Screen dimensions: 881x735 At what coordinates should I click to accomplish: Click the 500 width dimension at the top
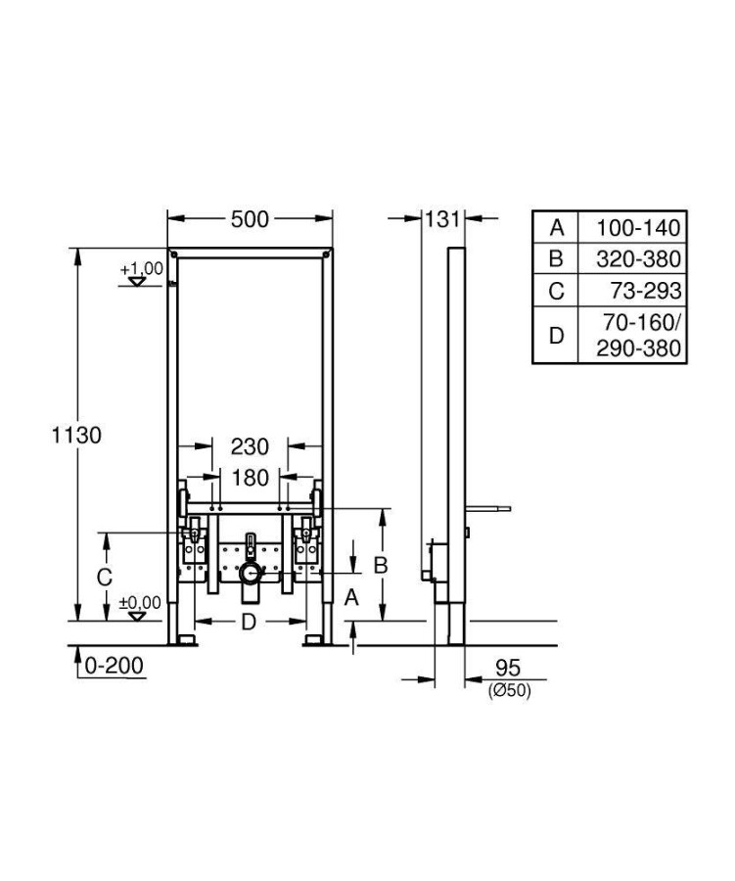tap(250, 220)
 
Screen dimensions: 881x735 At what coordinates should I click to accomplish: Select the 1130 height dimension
tap(76, 435)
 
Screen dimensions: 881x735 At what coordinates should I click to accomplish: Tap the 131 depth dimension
tap(441, 220)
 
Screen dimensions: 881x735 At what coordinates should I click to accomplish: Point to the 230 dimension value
tap(250, 447)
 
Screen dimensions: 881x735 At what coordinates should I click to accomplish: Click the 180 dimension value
tap(250, 479)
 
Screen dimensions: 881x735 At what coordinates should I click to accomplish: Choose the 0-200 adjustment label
tap(113, 667)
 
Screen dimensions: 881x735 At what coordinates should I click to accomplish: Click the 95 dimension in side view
tap(507, 669)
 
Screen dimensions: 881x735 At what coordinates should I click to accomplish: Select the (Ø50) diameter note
tap(508, 691)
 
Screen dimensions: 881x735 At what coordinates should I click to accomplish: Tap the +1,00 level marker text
tap(141, 268)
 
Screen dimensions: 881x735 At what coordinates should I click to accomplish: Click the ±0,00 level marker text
tap(140, 603)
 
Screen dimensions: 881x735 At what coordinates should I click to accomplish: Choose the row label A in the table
tap(557, 227)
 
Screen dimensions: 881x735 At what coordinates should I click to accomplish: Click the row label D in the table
tap(557, 336)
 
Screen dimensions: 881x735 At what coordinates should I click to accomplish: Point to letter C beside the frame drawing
tap(104, 578)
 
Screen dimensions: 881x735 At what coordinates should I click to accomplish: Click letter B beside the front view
tap(383, 565)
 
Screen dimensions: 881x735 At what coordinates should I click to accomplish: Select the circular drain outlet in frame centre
tap(251, 574)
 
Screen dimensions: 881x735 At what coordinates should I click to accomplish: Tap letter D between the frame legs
tap(250, 621)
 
